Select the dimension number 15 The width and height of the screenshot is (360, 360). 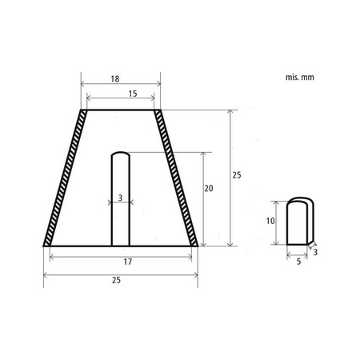pos(132,94)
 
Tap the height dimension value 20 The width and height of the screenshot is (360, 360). pos(209,188)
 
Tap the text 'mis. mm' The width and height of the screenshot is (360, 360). pos(298,78)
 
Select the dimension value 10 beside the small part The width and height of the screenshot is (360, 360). pos(271,220)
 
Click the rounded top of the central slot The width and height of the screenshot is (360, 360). pos(119,153)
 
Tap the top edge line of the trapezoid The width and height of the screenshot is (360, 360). pos(120,110)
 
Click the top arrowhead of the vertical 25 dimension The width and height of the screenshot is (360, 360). pos(231,111)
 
